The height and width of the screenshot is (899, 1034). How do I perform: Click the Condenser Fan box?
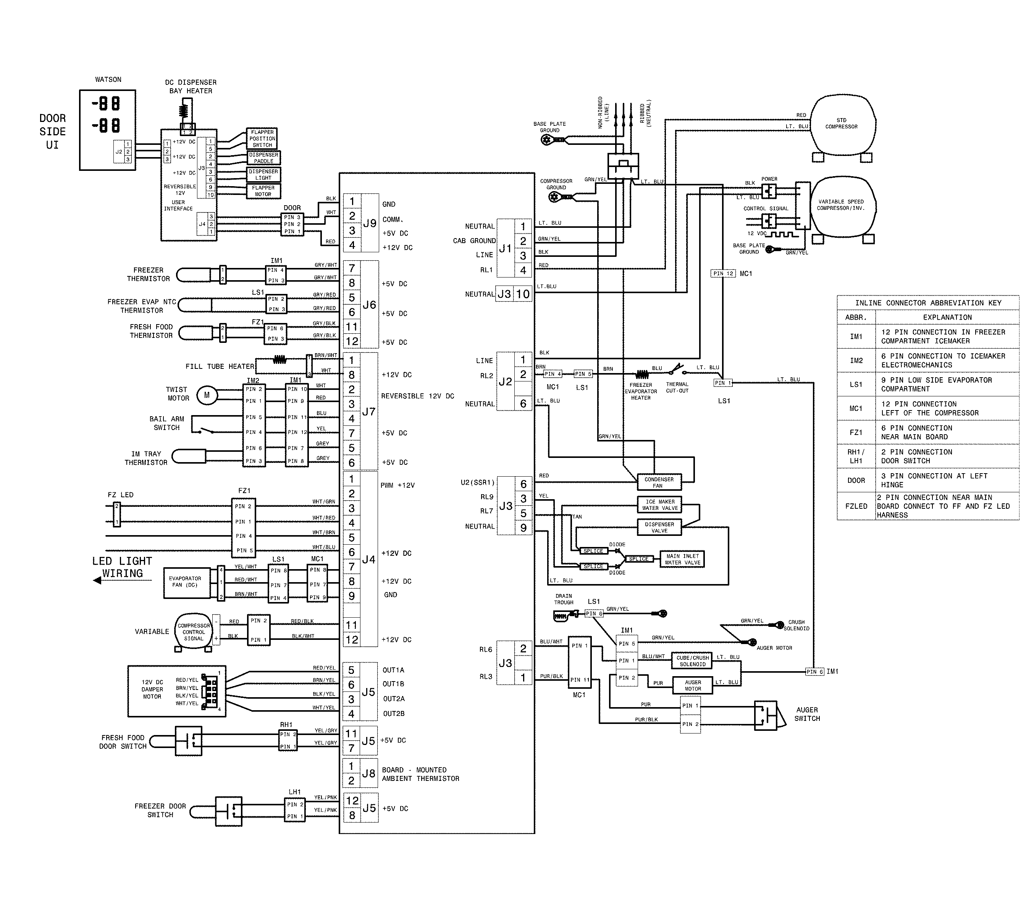(x=659, y=482)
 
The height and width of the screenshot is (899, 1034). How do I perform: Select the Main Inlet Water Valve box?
(x=682, y=559)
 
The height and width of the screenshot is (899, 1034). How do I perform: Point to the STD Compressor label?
(x=841, y=123)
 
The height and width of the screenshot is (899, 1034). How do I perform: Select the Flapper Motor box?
(x=263, y=191)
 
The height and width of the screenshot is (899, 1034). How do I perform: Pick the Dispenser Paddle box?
(x=263, y=157)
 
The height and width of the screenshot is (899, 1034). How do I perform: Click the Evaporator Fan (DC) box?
(x=186, y=582)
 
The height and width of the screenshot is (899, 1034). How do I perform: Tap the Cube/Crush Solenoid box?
(x=692, y=661)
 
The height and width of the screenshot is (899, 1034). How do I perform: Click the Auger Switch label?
(x=807, y=714)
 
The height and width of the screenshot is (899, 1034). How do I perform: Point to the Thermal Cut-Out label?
(x=677, y=387)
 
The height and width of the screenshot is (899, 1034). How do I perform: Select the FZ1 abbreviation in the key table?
(x=856, y=432)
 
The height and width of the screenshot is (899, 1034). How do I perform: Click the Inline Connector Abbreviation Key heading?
(x=928, y=303)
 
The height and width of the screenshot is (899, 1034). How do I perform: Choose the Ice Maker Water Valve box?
(x=659, y=505)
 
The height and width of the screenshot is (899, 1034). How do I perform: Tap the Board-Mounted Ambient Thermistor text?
(x=420, y=774)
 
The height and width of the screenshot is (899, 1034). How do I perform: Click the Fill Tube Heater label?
(x=220, y=366)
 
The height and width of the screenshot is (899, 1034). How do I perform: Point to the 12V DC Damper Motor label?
(x=152, y=689)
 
